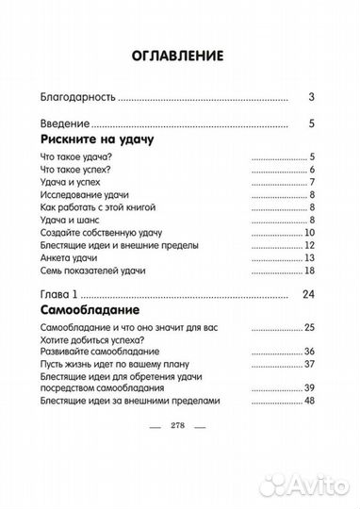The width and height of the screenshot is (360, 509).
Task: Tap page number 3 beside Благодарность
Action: click(x=310, y=96)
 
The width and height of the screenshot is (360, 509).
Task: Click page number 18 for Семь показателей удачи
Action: click(x=307, y=271)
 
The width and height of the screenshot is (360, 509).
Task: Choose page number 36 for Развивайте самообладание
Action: click(x=307, y=352)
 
